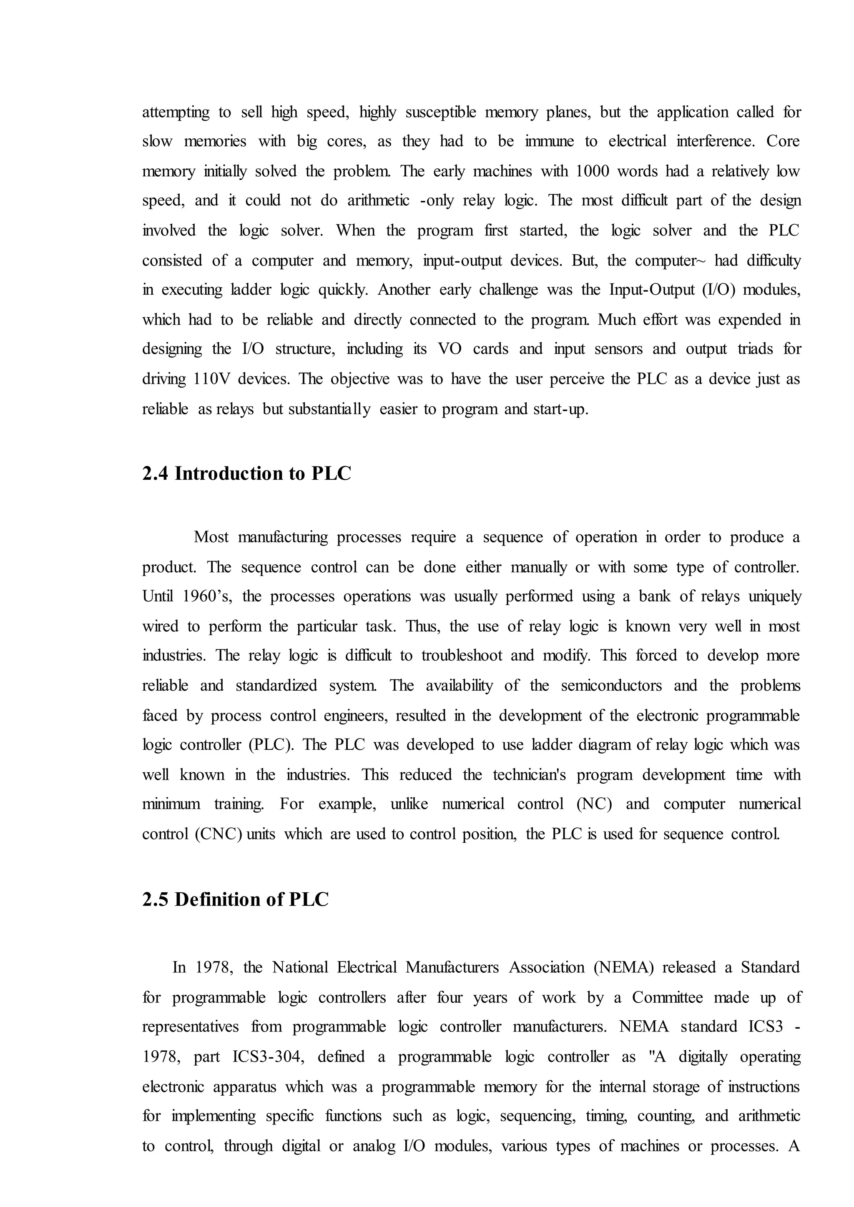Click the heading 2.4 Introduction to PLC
[x=246, y=473]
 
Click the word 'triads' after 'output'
[x=755, y=350]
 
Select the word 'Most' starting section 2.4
[x=211, y=537]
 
